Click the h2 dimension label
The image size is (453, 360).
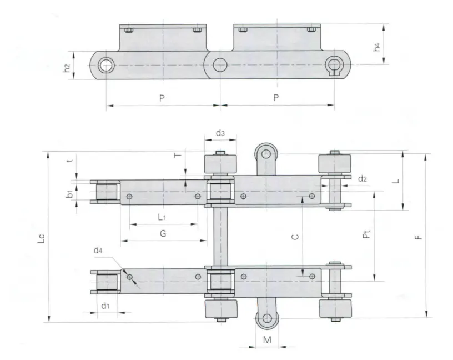pos(66,67)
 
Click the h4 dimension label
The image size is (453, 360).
pos(377,48)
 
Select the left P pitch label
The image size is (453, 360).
pos(162,98)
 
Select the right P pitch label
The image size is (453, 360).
pos(276,98)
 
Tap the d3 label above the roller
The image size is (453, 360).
pos(220,133)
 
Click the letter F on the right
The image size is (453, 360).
pos(419,236)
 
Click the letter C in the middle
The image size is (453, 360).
pos(296,236)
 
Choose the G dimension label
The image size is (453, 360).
pos(163,233)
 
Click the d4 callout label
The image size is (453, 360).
pos(98,251)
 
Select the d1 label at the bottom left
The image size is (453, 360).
pos(105,305)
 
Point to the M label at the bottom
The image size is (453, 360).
pos(267,339)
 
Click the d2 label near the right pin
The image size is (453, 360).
pos(363,178)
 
